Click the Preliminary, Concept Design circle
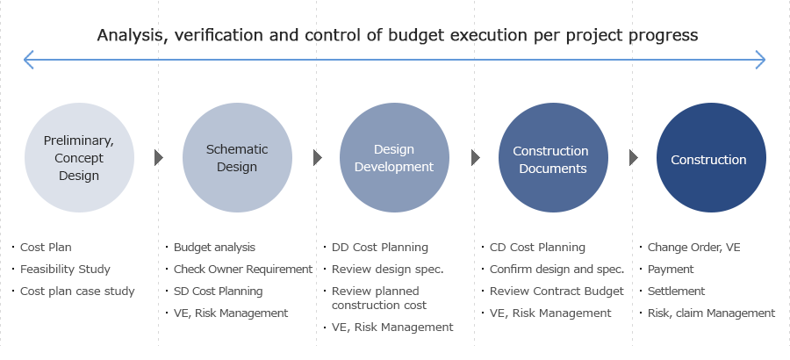coord(79,157)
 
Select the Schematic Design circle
coord(237,157)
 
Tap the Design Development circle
coord(394,157)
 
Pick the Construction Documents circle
coord(553,157)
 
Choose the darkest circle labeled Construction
coord(711,157)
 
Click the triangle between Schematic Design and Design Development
coord(318,157)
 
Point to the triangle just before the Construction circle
coord(633,157)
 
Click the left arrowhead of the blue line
coord(28,60)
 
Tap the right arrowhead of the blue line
coord(761,60)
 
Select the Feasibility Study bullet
coord(65,270)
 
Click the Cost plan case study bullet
coord(77,291)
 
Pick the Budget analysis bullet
coord(214,247)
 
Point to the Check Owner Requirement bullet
coord(243,270)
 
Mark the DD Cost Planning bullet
coord(380,247)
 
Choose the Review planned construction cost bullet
coord(379,298)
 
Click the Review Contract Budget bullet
coord(557,291)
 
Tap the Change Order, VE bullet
coord(693,247)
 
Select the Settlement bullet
coord(676,291)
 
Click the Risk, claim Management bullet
coord(711,313)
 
